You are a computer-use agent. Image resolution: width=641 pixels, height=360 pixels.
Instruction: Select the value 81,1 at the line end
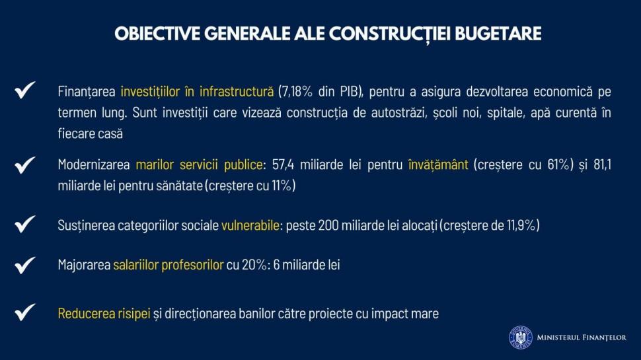click(600, 164)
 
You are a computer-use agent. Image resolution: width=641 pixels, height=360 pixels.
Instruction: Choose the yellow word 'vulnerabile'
click(250, 225)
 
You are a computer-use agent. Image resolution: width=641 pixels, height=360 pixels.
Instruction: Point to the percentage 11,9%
click(517, 225)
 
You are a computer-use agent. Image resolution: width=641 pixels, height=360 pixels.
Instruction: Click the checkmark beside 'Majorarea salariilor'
click(25, 265)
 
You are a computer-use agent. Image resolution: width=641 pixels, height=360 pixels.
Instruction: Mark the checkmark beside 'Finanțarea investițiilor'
click(25, 90)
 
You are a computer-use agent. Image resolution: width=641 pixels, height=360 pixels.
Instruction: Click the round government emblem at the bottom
click(520, 338)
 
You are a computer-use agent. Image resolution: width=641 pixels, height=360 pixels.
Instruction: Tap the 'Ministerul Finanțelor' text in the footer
click(582, 338)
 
